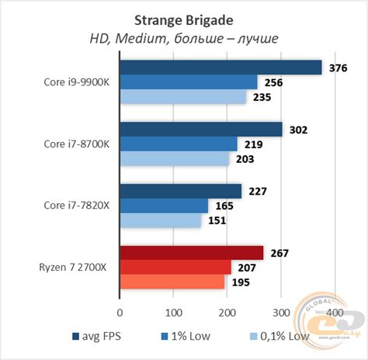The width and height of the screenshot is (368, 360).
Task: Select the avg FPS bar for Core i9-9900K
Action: pyautogui.click(x=220, y=67)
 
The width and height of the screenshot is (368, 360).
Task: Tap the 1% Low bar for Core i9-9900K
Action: pyautogui.click(x=188, y=82)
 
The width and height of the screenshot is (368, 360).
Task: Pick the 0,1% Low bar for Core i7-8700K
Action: pyautogui.click(x=175, y=158)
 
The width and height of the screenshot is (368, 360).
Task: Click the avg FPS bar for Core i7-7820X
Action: pyautogui.click(x=180, y=191)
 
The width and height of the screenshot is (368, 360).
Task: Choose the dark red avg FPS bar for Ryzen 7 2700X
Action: pyautogui.click(x=191, y=252)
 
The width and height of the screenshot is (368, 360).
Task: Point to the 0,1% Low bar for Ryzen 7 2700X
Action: pyautogui.click(x=172, y=282)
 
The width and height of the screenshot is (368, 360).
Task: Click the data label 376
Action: pyautogui.click(x=338, y=68)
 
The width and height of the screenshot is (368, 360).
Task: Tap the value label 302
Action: pyautogui.click(x=298, y=130)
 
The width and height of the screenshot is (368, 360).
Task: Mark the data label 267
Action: pyautogui.click(x=279, y=253)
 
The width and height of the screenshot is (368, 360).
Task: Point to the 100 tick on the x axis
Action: pyautogui.click(x=173, y=312)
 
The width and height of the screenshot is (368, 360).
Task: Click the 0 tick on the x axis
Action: pyautogui.click(x=120, y=312)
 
